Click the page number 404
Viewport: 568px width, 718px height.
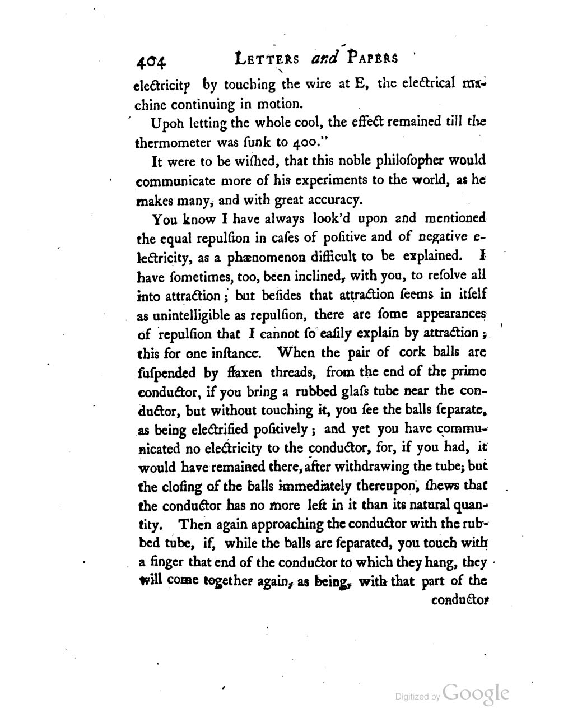[x=152, y=61]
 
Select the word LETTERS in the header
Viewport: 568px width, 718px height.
[x=268, y=59]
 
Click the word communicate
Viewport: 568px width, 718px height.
[x=173, y=181]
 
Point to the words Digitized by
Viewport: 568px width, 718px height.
[x=417, y=697]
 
